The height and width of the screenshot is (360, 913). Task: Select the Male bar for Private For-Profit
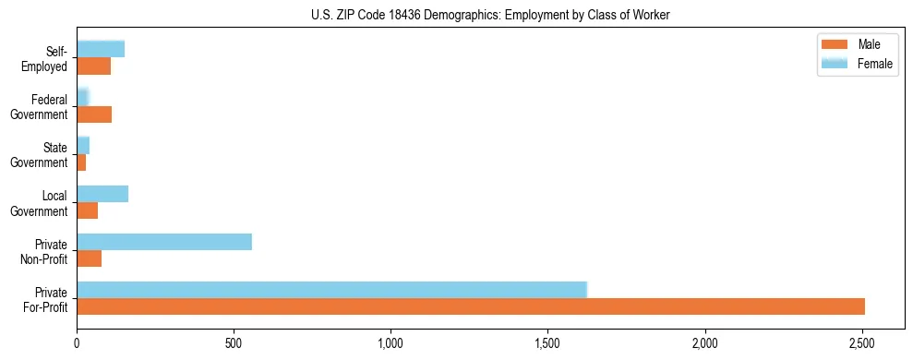pos(471,306)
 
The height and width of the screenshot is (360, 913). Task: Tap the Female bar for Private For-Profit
pos(331,290)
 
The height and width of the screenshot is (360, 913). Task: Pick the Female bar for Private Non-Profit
pos(164,242)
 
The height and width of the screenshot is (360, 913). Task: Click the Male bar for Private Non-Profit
pos(89,258)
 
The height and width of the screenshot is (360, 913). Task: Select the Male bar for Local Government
pos(87,210)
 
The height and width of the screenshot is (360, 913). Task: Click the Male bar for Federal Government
pos(94,114)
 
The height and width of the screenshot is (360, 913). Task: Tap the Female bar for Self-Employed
pos(101,50)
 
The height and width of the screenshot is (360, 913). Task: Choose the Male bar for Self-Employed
pos(93,66)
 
